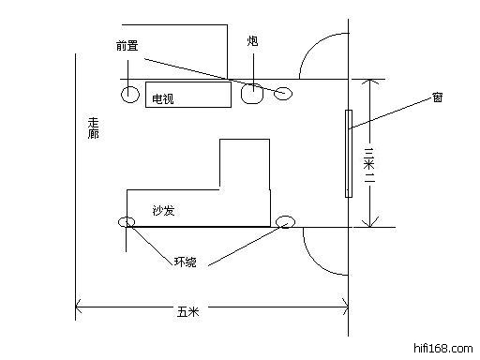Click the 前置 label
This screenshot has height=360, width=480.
[127, 46]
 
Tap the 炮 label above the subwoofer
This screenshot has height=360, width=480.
[253, 40]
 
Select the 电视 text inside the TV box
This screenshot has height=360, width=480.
[162, 99]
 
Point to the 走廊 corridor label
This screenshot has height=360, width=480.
[93, 128]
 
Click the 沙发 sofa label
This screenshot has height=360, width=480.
[163, 211]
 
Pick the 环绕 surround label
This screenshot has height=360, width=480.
[186, 262]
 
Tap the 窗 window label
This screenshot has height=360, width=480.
[438, 97]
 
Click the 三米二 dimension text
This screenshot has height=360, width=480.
[369, 165]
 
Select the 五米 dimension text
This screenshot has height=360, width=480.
[187, 311]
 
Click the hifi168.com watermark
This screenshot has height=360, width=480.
[443, 348]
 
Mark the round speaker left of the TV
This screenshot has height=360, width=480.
[130, 94]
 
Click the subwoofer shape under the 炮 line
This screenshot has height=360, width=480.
[252, 94]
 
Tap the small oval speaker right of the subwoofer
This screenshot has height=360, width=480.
[283, 93]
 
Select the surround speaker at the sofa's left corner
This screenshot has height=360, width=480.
[127, 222]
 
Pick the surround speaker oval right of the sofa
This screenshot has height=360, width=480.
[285, 222]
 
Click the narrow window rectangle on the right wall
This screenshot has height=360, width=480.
[349, 154]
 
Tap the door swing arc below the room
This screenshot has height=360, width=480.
[316, 261]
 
